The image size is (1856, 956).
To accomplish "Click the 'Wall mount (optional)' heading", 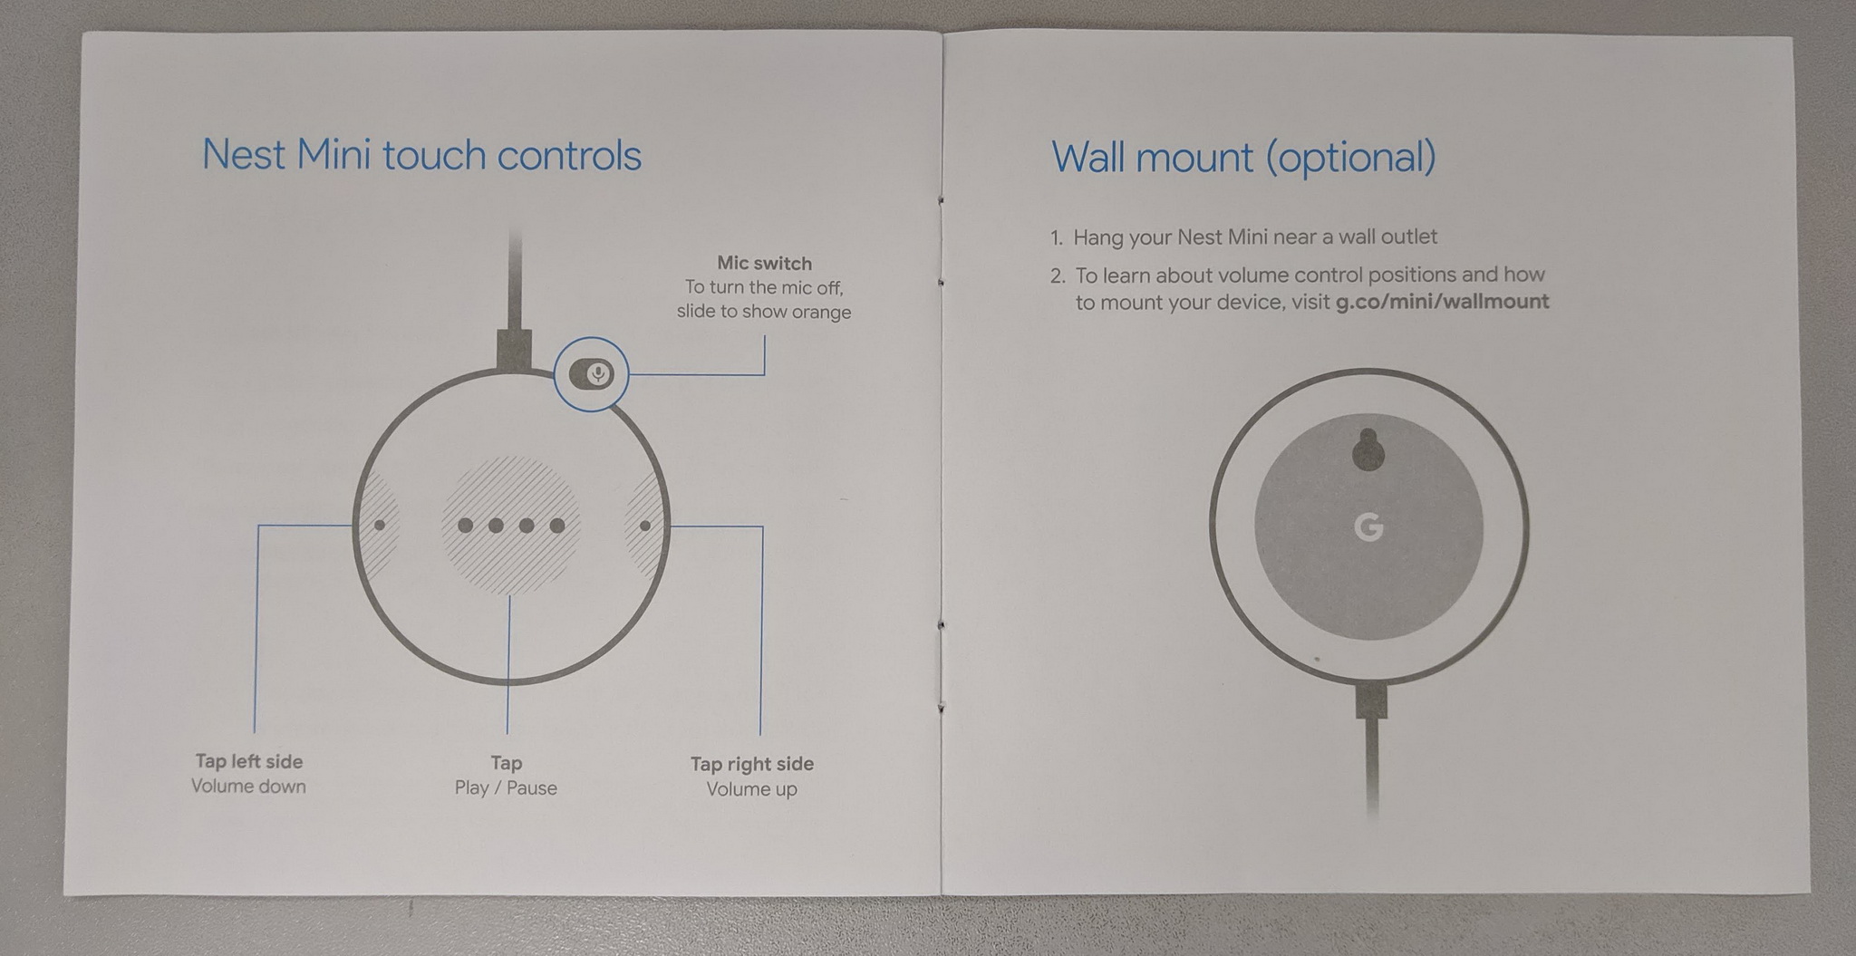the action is pyautogui.click(x=1243, y=158).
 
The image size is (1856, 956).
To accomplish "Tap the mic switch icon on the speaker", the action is pyautogui.click(x=591, y=373).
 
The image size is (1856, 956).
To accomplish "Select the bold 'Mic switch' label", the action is pyautogui.click(x=764, y=264).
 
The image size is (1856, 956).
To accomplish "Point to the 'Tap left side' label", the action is pyautogui.click(x=249, y=762).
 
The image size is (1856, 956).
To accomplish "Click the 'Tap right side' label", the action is pyautogui.click(x=752, y=764).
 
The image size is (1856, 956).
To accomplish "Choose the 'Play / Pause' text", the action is pyautogui.click(x=506, y=788).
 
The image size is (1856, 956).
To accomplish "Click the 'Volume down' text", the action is pyautogui.click(x=248, y=787).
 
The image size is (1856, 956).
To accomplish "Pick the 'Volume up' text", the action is pyautogui.click(x=752, y=789).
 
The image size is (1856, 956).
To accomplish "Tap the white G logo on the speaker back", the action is pyautogui.click(x=1368, y=527).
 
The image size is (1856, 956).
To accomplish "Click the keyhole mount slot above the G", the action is pyautogui.click(x=1368, y=449).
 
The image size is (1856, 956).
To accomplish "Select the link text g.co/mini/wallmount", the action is pyautogui.click(x=1443, y=302).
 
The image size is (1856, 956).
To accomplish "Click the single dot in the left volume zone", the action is pyautogui.click(x=380, y=525).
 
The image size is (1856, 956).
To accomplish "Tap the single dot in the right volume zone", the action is pyautogui.click(x=645, y=526).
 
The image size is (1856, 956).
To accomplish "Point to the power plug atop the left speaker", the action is pyautogui.click(x=514, y=350).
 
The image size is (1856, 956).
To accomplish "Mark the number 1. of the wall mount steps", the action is pyautogui.click(x=1057, y=238).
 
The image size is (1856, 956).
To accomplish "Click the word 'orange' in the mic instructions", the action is pyautogui.click(x=819, y=313).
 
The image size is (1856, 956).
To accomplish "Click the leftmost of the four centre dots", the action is pyautogui.click(x=466, y=525).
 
